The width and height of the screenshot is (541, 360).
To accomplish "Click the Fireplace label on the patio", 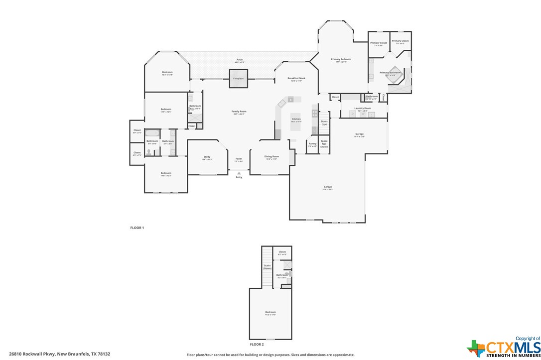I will coord(239,79).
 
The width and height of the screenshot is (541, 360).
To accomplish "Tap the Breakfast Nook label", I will coord(296,78).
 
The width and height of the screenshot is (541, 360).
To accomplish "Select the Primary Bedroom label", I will coord(341,59).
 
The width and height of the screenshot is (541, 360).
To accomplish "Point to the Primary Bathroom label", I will coord(390,73).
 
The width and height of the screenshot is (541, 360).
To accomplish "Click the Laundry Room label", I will coord(363,108).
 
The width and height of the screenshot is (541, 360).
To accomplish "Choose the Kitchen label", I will coord(296,119).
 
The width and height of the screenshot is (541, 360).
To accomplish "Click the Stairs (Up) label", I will coord(324,122).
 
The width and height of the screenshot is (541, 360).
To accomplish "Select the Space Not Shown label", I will coord(324,144).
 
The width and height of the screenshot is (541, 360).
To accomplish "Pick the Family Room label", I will coord(239,112).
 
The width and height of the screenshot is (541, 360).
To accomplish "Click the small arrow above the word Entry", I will coord(239,173).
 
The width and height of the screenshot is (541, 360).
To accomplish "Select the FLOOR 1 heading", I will coord(137,228).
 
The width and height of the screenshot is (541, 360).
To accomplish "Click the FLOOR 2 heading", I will coord(257,344).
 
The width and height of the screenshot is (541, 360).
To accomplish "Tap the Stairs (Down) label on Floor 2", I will coord(267,267).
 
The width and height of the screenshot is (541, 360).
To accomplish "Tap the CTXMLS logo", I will coord(504,347).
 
